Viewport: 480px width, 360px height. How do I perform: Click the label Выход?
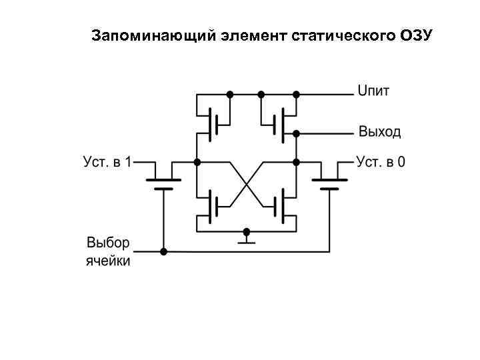[380, 131]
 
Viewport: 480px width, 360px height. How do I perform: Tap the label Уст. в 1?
[107, 161]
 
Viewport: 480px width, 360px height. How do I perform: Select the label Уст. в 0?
[381, 161]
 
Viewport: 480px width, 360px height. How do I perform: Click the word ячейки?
[108, 260]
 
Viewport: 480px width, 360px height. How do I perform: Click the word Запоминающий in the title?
[151, 35]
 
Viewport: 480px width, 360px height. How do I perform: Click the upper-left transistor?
[212, 123]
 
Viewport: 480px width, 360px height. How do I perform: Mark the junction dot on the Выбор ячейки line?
[163, 251]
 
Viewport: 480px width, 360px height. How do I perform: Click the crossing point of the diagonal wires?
[247, 182]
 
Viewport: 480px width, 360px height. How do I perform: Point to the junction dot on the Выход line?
[296, 132]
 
